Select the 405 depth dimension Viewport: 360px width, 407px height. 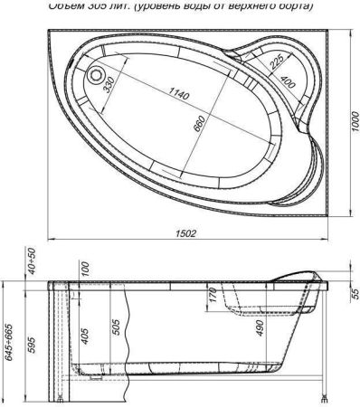pyautogui.click(x=85, y=339)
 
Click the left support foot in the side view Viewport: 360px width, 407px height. pyautogui.click(x=60, y=395)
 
